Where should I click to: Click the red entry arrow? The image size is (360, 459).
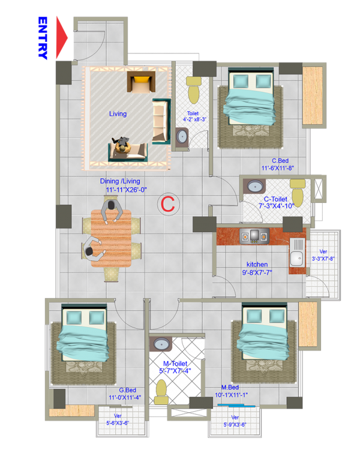tap(61, 37)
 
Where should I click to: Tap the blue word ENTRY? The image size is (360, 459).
tap(43, 38)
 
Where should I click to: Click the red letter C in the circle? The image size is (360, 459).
tap(168, 204)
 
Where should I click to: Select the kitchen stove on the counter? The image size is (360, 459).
tap(254, 236)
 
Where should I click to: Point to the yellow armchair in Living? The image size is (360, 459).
tap(141, 82)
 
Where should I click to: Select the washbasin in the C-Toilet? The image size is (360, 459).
tap(254, 186)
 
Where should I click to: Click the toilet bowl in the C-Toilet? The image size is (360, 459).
tap(298, 193)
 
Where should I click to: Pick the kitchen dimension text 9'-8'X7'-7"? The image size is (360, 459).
tap(257, 272)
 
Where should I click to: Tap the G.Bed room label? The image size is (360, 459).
tap(128, 390)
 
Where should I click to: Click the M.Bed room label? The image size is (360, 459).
tap(230, 387)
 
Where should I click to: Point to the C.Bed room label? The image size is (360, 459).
tap(280, 161)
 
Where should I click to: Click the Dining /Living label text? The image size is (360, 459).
tap(120, 181)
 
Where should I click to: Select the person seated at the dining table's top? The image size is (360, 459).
tap(112, 210)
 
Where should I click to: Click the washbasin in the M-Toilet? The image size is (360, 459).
tap(161, 344)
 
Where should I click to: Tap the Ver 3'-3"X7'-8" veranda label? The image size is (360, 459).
tap(323, 255)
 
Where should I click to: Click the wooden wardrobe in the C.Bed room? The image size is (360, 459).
tap(312, 95)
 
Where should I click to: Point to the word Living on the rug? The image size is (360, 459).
tap(118, 113)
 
